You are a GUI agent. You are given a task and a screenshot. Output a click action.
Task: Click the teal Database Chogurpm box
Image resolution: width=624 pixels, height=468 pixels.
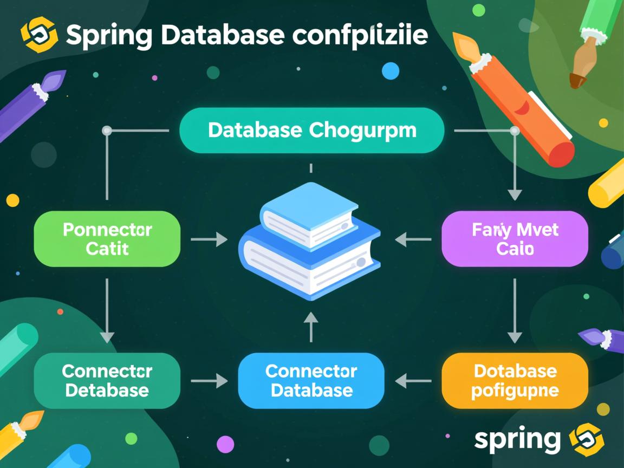(x=311, y=130)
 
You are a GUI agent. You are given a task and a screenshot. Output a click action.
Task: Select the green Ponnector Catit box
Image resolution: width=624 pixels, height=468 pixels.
(x=107, y=239)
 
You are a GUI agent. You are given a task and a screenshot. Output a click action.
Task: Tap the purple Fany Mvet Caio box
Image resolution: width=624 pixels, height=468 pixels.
(x=515, y=239)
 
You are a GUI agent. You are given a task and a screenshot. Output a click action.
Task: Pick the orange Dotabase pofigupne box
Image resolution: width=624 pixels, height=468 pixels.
(x=515, y=380)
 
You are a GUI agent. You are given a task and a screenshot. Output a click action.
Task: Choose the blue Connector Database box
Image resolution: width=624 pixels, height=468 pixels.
(x=311, y=380)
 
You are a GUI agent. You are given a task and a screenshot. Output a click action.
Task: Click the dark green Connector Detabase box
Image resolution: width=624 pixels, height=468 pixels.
(x=107, y=380)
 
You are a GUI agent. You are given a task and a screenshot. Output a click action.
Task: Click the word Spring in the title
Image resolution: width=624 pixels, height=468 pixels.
(x=108, y=35)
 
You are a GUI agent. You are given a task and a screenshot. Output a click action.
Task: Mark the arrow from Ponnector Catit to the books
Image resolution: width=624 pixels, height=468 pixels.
(x=209, y=239)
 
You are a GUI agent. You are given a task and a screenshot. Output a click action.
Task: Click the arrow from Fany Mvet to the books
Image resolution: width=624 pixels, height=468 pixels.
(x=413, y=239)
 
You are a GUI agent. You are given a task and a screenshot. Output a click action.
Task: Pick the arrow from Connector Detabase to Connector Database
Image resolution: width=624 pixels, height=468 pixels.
(x=209, y=380)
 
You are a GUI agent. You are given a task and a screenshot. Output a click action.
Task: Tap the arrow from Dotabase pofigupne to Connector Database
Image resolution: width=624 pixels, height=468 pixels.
(x=413, y=380)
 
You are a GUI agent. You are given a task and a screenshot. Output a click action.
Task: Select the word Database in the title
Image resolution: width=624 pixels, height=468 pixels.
(x=223, y=35)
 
